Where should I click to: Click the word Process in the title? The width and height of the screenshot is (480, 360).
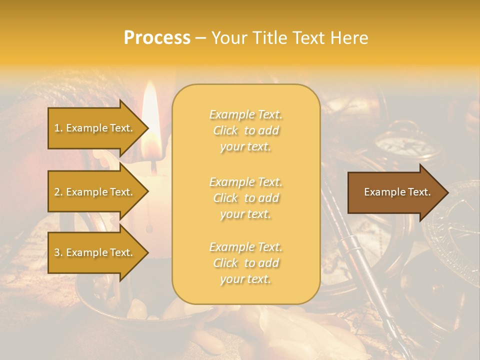coord(157,38)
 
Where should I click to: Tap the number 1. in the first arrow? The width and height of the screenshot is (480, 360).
coord(58,128)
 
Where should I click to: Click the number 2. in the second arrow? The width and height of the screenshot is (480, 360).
coord(58,192)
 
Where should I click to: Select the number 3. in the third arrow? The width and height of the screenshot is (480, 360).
coord(58,252)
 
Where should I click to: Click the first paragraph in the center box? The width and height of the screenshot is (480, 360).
coord(245,130)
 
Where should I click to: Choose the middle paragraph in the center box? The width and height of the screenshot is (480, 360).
coord(245,198)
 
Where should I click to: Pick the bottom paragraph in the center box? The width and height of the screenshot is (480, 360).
coord(245,263)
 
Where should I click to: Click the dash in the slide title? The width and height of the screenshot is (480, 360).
coord(201,38)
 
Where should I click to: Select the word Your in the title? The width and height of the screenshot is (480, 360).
coord(231,38)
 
